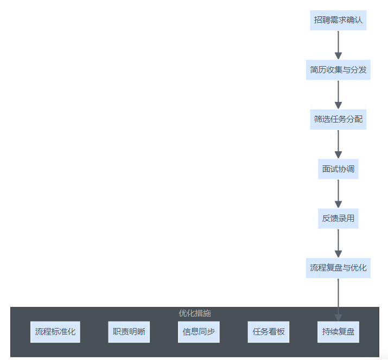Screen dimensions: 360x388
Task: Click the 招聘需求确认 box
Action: (338, 21)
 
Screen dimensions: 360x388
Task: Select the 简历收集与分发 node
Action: (338, 70)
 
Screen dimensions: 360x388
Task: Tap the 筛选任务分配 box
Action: (338, 119)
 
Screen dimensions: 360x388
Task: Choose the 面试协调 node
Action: (338, 169)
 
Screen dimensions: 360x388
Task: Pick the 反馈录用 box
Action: (338, 218)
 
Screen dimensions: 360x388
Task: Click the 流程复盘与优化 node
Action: (338, 268)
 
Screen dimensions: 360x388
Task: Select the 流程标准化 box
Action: (55, 332)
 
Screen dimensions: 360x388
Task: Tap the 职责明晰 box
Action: (129, 332)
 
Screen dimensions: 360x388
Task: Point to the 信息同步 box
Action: (199, 332)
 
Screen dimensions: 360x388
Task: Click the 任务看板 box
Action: (268, 332)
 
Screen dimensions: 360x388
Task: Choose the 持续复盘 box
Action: (338, 332)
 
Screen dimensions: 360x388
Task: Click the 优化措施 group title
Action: (195, 313)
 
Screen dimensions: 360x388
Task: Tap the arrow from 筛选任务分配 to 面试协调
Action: (338, 144)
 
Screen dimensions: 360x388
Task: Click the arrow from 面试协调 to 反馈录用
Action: (338, 193)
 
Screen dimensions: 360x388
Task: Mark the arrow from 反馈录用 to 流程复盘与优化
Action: (338, 243)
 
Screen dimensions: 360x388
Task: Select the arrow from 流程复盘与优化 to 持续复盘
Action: (338, 295)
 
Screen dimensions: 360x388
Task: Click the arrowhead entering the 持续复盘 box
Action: (338, 318)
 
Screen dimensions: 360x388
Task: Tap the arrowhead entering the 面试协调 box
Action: (338, 155)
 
